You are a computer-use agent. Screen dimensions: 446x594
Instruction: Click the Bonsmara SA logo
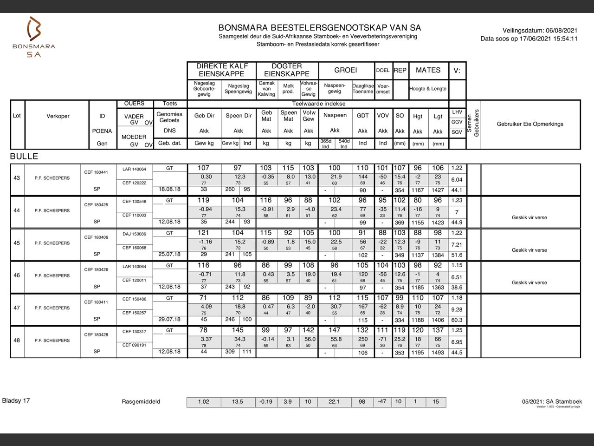tap(34, 37)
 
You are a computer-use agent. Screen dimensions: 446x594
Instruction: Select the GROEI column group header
tap(346, 70)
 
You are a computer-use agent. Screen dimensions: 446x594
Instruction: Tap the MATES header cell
tap(428, 70)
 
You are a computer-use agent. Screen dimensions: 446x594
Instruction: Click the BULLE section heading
tap(24, 157)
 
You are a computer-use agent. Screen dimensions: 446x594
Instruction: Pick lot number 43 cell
tap(17, 178)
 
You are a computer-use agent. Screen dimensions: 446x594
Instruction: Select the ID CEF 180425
tap(96, 205)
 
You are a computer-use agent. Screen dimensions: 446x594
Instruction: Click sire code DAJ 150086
tap(134, 234)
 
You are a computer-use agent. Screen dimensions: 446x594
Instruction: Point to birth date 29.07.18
tap(169, 319)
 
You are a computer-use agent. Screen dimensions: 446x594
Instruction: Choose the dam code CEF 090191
tap(134, 345)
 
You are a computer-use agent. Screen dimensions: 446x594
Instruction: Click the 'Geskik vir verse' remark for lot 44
tap(529, 217)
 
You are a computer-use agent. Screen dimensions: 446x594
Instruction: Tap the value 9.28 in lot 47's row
tap(457, 309)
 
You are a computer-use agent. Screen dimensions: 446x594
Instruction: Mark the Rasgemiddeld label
tap(141, 402)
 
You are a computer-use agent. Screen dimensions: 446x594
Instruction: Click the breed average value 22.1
tap(334, 402)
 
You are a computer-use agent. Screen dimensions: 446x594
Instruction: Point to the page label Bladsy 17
tap(16, 400)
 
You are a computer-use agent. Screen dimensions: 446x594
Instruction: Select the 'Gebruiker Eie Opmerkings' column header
tap(530, 124)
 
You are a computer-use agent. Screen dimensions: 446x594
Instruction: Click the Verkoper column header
tap(58, 116)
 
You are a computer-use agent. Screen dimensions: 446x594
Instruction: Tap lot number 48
tap(17, 340)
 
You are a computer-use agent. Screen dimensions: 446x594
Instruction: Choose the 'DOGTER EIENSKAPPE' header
tap(287, 70)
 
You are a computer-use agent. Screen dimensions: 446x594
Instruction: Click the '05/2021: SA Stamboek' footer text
tap(552, 401)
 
